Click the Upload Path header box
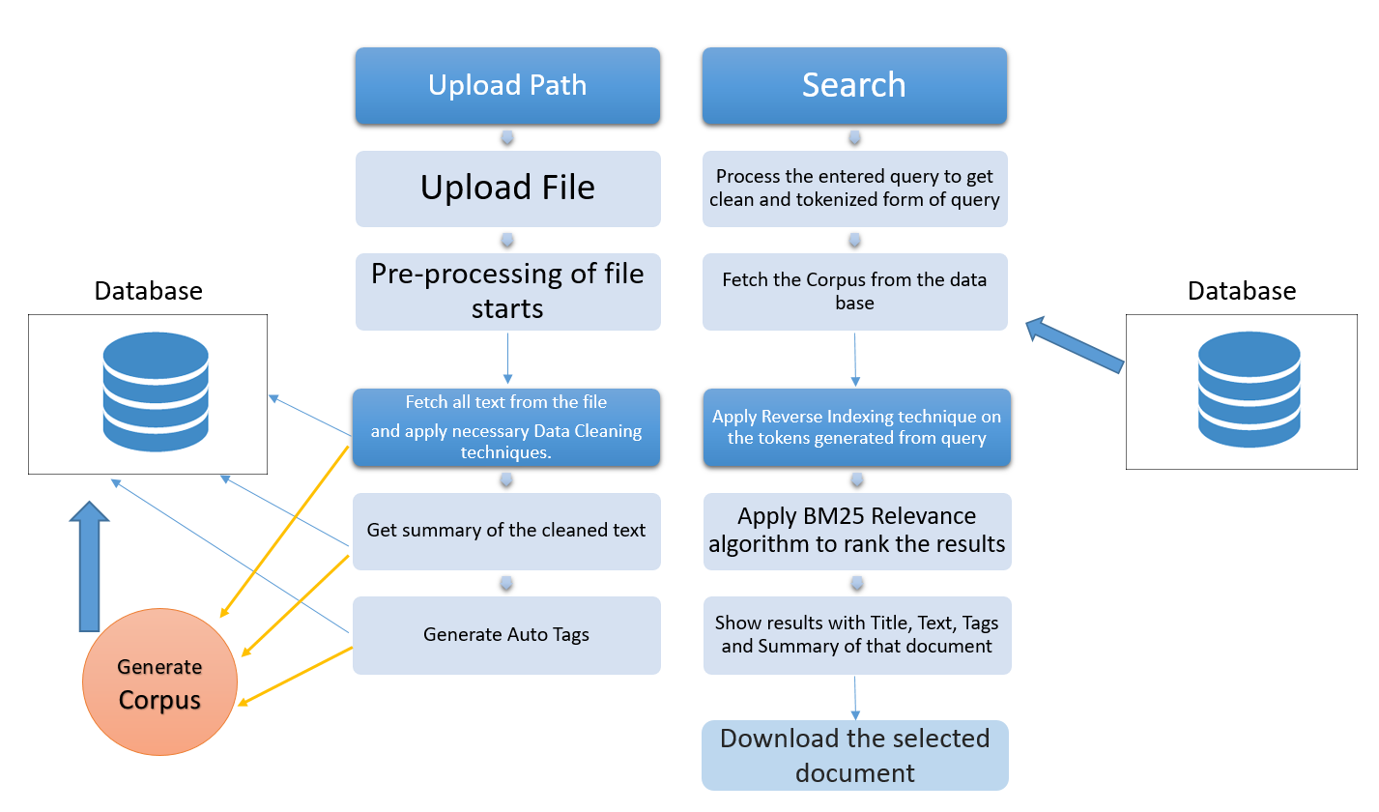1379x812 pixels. click(507, 86)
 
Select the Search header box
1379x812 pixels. click(854, 86)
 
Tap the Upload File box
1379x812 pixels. click(507, 188)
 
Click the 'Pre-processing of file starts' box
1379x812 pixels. click(507, 291)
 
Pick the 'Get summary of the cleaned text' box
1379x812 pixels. click(506, 531)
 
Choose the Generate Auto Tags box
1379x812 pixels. click(506, 635)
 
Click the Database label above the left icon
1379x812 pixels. click(148, 290)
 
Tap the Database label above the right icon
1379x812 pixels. click(1242, 290)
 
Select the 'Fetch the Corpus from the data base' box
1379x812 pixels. click(854, 291)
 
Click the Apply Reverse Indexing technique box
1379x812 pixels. click(856, 427)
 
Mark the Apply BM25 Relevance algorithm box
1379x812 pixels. click(856, 530)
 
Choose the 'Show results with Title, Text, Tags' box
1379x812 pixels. click(856, 635)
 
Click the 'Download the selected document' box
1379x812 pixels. click(854, 755)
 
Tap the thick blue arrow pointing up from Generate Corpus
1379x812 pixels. click(90, 565)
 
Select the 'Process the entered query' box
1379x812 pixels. click(854, 188)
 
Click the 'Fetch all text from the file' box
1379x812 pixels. click(506, 427)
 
